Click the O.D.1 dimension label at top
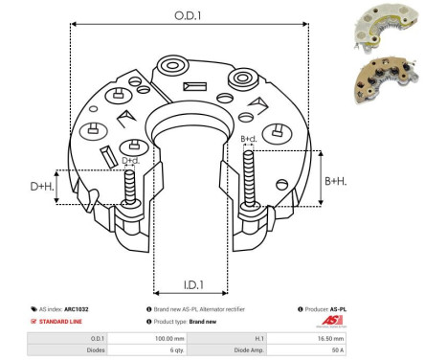point(189,14)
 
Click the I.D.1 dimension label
point(190,284)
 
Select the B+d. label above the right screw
point(249,140)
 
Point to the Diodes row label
point(97,350)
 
